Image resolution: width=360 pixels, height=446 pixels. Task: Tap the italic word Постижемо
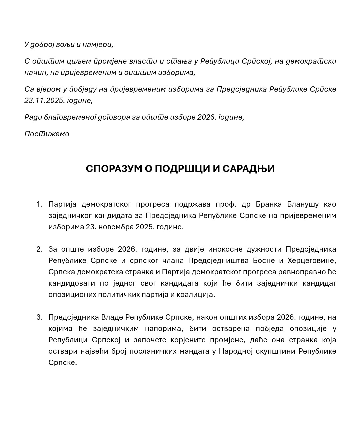47,134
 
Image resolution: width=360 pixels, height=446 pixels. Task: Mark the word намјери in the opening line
99,44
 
